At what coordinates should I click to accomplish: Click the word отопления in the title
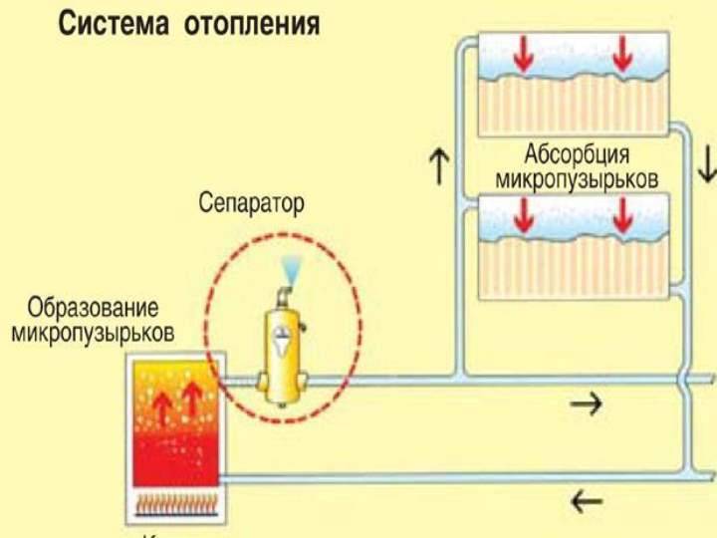pos(252,23)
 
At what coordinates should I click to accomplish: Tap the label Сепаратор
pos(250,205)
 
